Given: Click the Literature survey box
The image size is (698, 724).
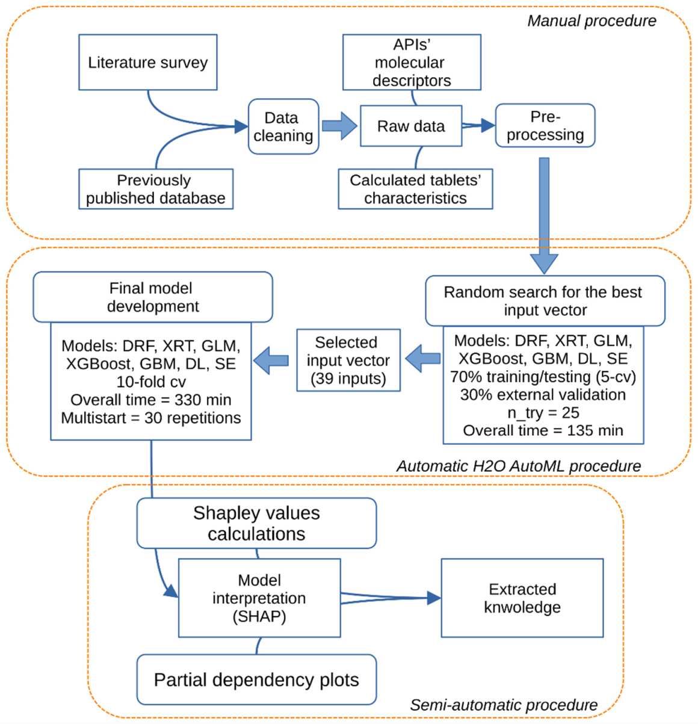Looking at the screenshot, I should click(147, 63).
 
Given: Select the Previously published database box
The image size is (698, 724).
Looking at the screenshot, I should click(155, 189).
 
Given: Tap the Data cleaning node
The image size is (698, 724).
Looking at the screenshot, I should click(283, 127).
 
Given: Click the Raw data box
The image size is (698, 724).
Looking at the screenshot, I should click(411, 126).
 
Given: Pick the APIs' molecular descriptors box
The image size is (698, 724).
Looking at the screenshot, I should click(412, 63).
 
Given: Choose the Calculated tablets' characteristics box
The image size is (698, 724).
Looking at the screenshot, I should click(415, 189).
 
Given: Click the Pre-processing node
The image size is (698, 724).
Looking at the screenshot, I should click(545, 126).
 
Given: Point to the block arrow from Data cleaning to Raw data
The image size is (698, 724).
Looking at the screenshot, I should click(339, 126).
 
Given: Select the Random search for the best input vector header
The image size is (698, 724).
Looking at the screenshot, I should click(545, 301).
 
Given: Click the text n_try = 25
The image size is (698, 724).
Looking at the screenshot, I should click(543, 413).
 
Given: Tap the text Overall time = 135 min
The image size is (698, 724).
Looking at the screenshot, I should click(543, 431).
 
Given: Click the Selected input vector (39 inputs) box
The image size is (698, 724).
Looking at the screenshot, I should click(348, 360).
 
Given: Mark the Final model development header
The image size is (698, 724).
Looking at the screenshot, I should click(152, 297).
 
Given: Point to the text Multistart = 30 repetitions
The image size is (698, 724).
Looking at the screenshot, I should click(150, 418).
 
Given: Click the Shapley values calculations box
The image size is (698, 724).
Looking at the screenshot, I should click(256, 523).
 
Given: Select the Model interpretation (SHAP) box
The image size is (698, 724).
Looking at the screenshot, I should click(259, 598).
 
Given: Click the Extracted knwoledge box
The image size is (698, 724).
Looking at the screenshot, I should click(522, 598).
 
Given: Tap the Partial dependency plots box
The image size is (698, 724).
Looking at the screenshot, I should click(256, 680).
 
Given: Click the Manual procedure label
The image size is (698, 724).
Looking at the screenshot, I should click(591, 21).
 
